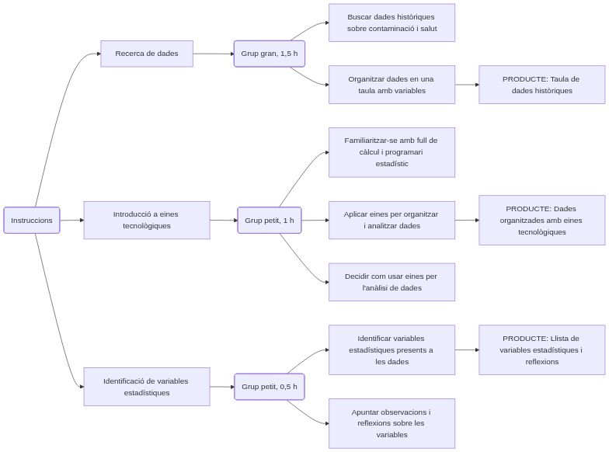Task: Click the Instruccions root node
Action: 32,221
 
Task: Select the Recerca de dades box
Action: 147,54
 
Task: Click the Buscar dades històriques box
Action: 391,23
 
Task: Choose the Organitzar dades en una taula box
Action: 391,85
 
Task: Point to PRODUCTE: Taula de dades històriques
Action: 541,85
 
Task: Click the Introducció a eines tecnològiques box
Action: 147,221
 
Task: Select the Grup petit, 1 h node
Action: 269,221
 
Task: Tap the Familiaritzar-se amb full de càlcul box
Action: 391,152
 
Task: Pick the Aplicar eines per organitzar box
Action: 391,221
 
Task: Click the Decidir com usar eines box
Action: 391,282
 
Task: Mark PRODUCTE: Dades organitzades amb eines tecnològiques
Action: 541,221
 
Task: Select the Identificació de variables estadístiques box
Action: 147,387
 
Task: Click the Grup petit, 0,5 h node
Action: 269,387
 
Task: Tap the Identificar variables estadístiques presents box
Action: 391,350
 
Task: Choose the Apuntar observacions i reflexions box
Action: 391,423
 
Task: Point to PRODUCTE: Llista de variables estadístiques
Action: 541,350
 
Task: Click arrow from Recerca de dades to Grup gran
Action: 214,54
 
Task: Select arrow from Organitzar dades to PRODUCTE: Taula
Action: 466,85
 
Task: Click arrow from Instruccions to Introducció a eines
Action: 71,221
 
